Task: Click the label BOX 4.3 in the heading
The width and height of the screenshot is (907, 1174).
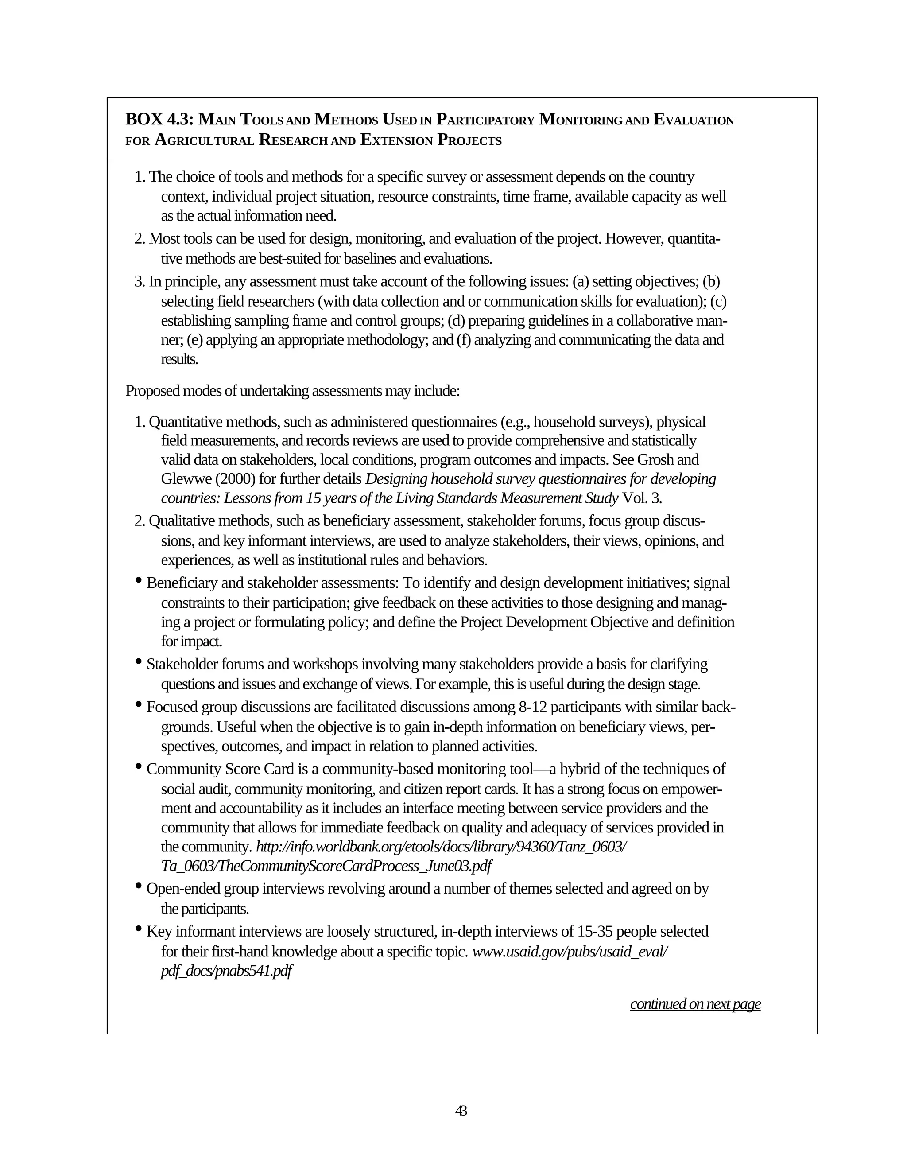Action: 159,119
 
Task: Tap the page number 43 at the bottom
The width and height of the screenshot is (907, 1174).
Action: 461,1111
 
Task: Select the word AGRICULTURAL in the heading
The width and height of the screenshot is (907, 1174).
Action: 204,140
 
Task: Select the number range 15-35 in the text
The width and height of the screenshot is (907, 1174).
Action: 597,931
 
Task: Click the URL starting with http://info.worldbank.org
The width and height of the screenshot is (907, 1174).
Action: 441,847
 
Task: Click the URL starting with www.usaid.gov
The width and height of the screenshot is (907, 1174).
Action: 570,952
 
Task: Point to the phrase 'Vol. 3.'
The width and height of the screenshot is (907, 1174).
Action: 642,498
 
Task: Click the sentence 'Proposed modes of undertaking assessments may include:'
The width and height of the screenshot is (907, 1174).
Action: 292,391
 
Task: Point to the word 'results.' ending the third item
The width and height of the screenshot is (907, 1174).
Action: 179,359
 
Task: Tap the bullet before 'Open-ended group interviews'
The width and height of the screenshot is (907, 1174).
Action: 139,886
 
